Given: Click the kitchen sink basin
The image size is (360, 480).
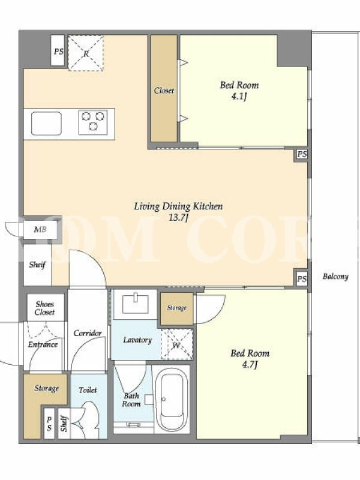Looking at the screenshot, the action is point(46,124).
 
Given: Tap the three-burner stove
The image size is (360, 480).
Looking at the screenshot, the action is point(93,122).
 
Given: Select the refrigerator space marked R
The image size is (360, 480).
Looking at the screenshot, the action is point(86,53).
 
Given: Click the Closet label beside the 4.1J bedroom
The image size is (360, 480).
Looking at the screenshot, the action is point(164,91).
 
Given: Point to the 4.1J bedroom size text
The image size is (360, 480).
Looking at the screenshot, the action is point(239,97).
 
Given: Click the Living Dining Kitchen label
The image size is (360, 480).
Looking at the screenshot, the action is point(178,206).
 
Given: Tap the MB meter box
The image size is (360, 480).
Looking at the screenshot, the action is point(40,229).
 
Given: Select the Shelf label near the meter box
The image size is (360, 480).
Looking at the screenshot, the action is point(37,265).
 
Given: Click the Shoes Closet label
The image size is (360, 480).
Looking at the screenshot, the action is point(44,308).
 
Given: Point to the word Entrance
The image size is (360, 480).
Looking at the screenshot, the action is point(43,344).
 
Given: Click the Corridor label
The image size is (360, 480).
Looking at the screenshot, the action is point(88,333).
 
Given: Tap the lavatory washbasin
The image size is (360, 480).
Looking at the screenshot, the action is point(136,304).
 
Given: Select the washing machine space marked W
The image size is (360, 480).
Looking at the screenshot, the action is point(177,344).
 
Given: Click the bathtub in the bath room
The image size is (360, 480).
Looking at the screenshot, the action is point(172,398).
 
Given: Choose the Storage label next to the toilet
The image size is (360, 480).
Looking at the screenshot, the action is point(47,388).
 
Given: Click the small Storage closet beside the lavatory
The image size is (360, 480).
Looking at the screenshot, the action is point(177,308).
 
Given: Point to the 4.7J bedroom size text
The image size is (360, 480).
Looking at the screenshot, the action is point(250,365).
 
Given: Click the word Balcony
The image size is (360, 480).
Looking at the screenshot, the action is point(335,277).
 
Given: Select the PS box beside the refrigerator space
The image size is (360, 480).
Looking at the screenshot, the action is point(58,51).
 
